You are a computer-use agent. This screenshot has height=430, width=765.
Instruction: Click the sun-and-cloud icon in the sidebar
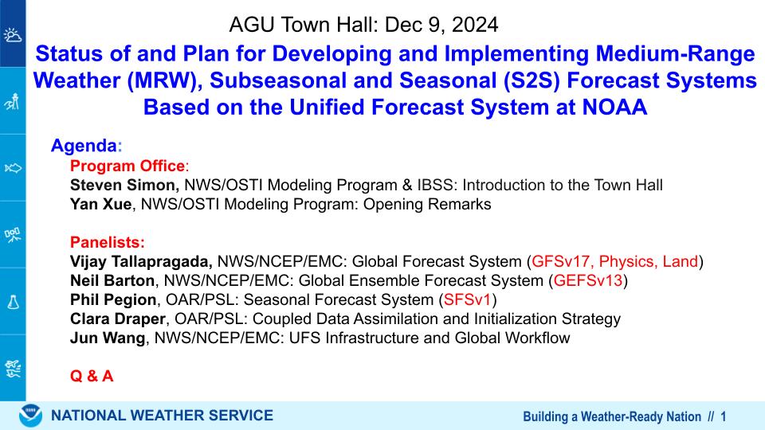point(13,36)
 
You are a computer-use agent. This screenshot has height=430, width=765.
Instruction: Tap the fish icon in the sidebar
point(13,169)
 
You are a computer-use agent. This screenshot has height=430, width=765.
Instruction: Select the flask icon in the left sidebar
point(13,303)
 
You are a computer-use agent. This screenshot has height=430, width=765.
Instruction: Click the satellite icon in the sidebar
point(13,235)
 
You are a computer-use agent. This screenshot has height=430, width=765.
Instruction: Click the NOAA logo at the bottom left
point(30,416)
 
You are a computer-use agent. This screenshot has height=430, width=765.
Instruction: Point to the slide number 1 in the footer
point(723,416)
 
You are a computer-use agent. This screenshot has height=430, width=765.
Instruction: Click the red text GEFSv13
point(588,280)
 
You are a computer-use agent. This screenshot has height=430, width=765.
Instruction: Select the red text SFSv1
point(467,299)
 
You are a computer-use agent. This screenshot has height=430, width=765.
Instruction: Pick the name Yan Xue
point(101,205)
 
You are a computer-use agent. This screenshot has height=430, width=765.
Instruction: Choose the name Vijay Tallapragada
point(141,262)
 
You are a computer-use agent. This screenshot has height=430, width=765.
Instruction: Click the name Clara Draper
point(118,319)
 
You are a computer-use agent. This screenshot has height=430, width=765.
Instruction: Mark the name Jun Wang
point(108,338)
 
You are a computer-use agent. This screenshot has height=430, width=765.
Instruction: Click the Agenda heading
point(84,146)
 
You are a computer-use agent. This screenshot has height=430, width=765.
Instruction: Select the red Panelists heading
point(108,242)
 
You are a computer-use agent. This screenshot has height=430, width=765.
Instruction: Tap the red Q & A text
point(92,376)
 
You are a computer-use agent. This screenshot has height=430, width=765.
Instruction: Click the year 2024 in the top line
point(475,25)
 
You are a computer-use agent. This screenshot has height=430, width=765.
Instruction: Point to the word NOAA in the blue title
point(614,107)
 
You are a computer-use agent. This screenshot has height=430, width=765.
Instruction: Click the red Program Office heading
point(127,166)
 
